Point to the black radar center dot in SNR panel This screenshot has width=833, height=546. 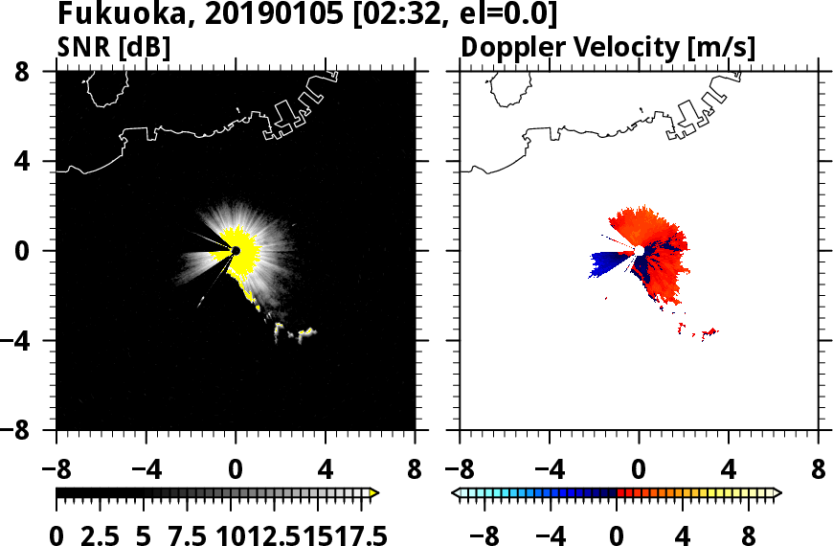tap(236, 251)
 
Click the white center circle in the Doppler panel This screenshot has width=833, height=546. tap(639, 251)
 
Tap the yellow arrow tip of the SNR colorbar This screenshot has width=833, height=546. tap(374, 492)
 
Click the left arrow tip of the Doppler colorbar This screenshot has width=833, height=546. tap(456, 492)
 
